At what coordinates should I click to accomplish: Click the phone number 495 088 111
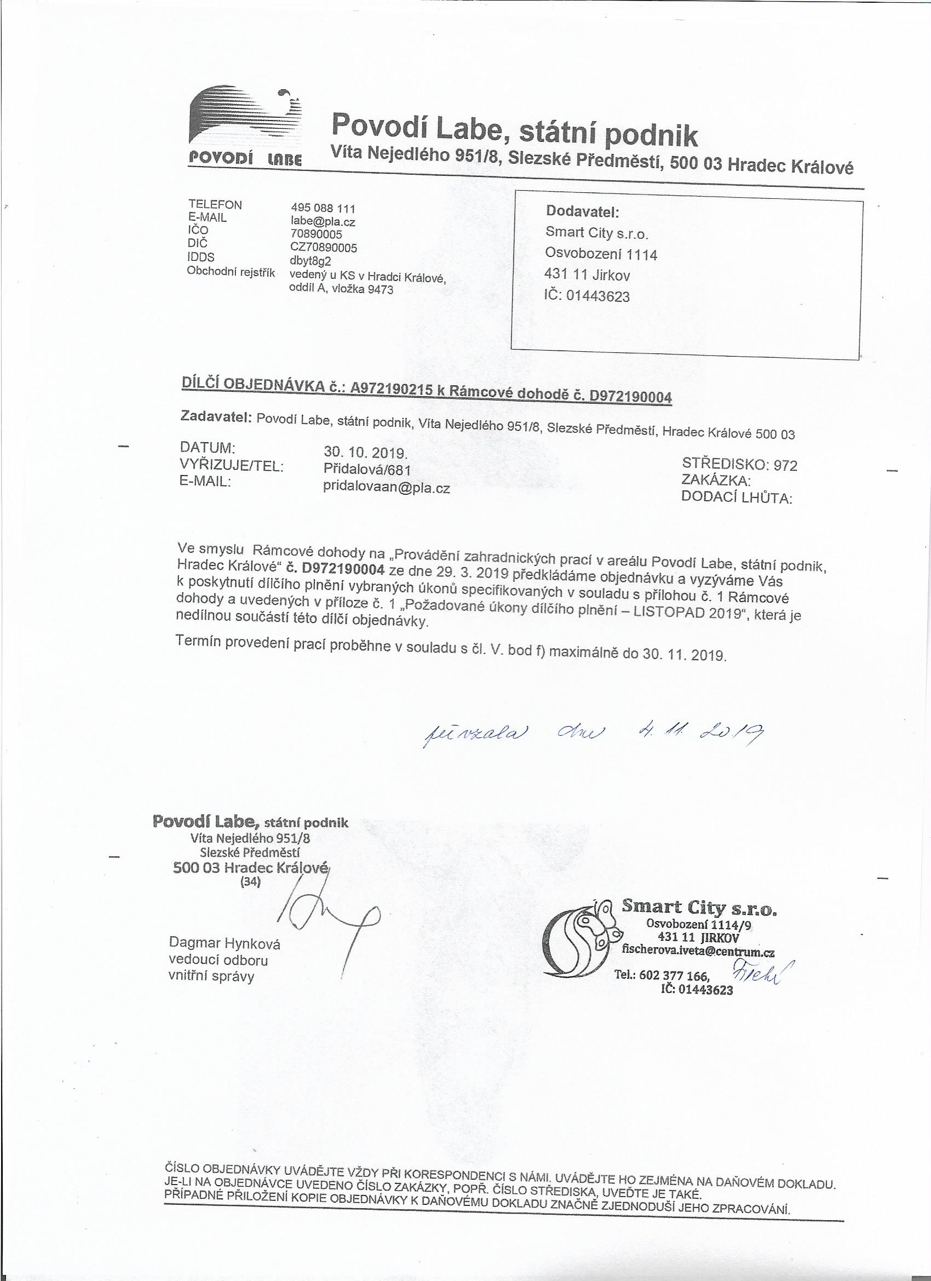[323, 209]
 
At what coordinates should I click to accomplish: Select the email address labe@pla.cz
[323, 222]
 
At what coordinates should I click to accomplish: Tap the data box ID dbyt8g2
[309, 261]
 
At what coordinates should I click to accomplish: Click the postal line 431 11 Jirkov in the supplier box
[587, 276]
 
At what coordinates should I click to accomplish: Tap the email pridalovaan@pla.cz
[387, 489]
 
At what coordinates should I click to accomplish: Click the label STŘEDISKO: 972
[740, 465]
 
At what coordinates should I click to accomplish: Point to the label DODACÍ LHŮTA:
[737, 498]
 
